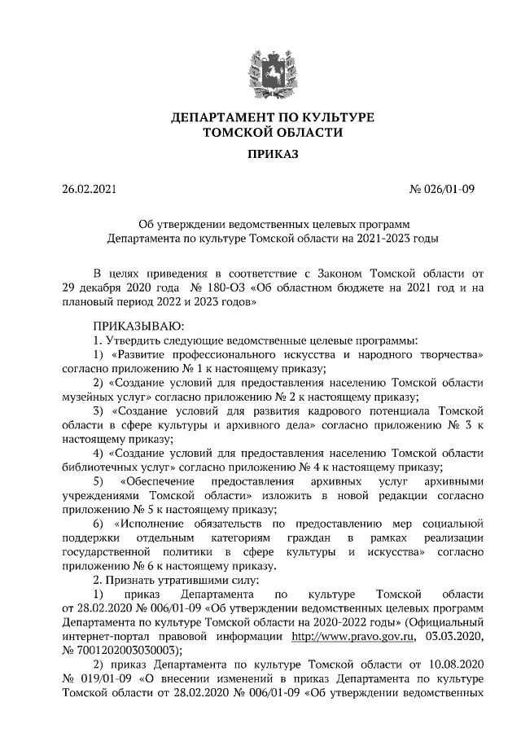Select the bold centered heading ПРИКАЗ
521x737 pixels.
click(x=260, y=155)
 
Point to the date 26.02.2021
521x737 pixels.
click(x=90, y=191)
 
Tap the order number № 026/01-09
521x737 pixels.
click(x=441, y=191)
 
